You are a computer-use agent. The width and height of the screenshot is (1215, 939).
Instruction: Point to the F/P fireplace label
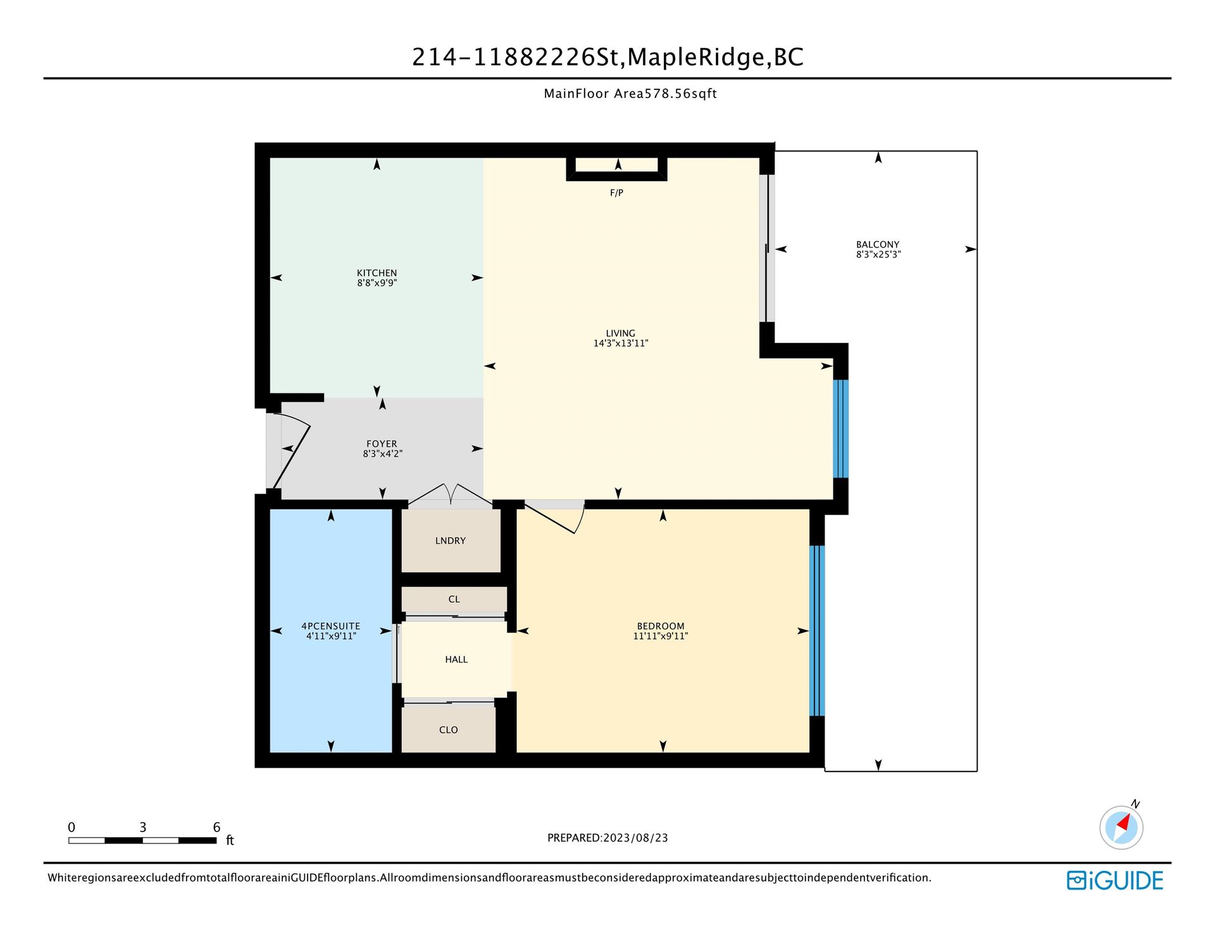pos(616,193)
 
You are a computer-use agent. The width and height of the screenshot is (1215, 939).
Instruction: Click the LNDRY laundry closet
pos(451,541)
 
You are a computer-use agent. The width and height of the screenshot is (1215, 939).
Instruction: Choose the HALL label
pos(456,659)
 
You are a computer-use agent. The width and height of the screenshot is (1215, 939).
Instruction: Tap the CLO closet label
pos(449,730)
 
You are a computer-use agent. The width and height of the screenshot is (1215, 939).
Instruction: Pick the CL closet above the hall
pos(454,599)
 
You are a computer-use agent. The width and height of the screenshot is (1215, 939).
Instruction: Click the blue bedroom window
pos(817,631)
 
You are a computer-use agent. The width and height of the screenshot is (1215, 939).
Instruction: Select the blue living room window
pos(840,428)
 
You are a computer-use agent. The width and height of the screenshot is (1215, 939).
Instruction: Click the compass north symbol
pos(1121,826)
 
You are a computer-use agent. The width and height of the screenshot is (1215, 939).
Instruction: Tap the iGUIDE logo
pos(1115,880)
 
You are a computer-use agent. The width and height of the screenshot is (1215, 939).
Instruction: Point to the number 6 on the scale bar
pos(216,827)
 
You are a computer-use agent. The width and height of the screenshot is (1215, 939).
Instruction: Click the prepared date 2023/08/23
pos(635,838)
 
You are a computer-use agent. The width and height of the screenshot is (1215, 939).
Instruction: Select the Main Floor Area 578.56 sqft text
pos(630,94)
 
